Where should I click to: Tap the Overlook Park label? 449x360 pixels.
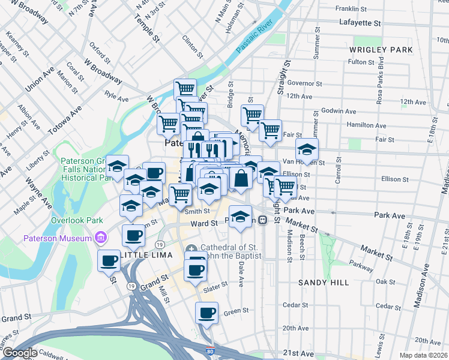(74, 220)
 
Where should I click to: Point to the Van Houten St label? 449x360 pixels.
(303, 162)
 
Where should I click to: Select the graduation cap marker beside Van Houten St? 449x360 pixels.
(307, 150)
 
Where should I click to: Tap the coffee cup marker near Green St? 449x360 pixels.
(207, 313)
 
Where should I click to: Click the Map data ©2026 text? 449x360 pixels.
(423, 355)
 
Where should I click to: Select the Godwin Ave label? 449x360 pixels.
(339, 111)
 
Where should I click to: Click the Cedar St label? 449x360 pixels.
(295, 305)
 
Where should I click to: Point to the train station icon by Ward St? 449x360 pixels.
(263, 220)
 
